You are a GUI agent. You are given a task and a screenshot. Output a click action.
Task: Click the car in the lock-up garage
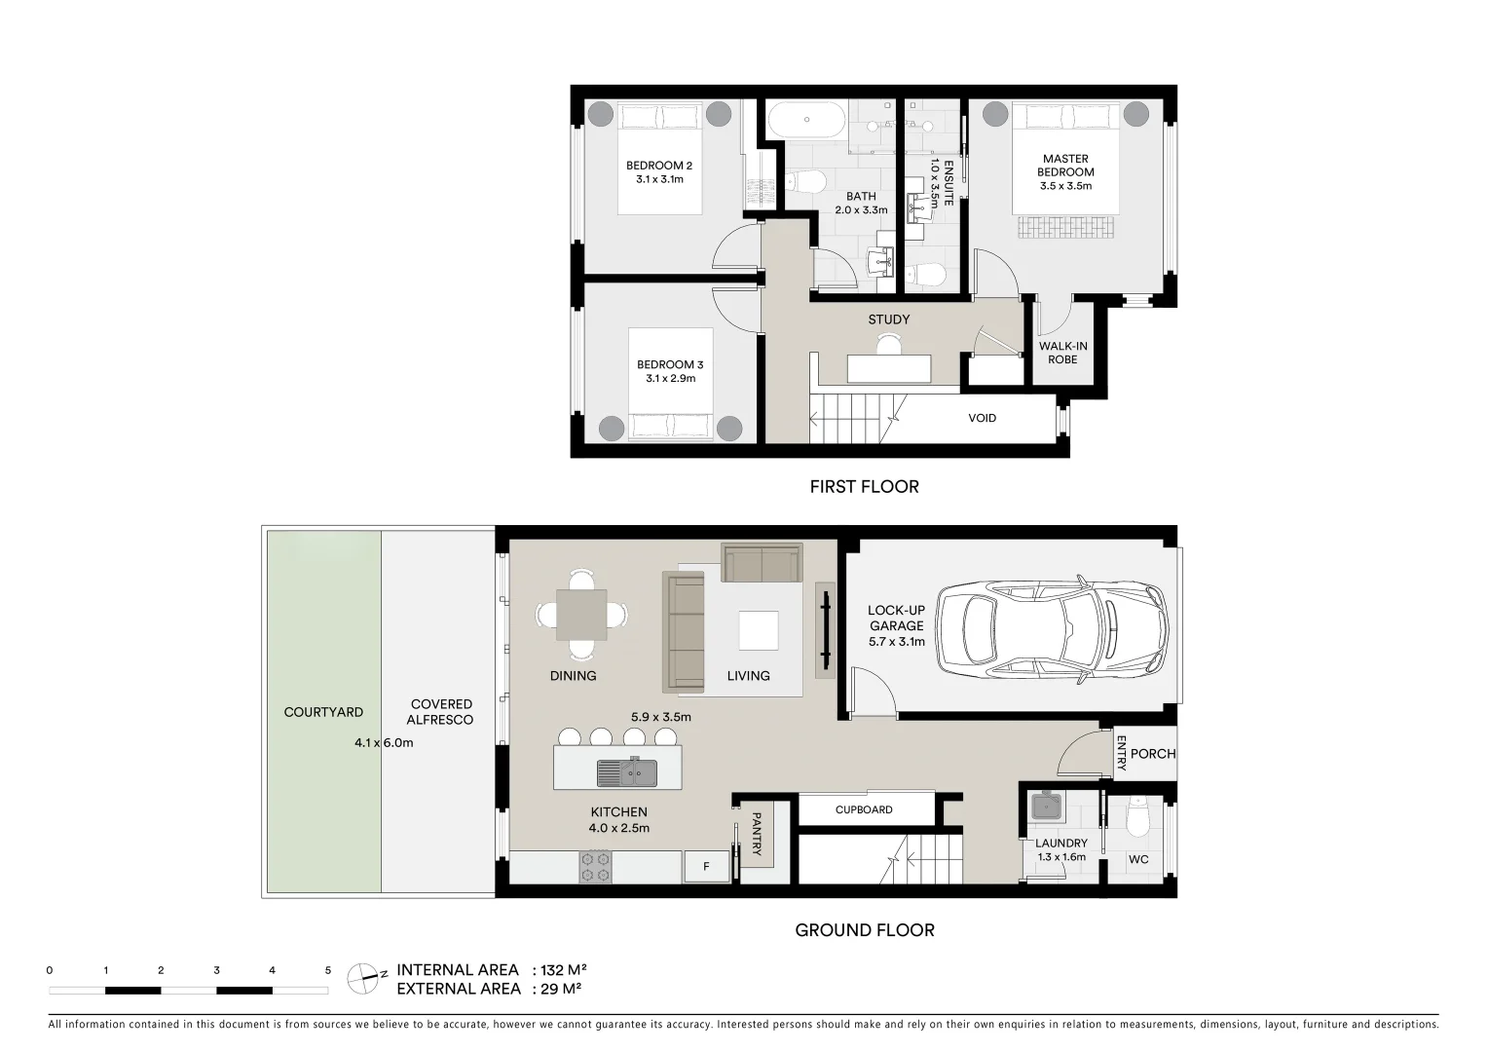click(1053, 629)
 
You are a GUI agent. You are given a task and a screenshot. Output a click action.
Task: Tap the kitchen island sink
click(627, 771)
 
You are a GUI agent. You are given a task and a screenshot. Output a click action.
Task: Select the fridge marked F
click(706, 867)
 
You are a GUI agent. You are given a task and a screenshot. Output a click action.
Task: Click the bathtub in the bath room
click(807, 120)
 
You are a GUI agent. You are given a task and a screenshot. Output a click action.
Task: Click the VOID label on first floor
click(982, 418)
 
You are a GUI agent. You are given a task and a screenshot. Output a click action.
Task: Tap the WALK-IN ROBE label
click(1062, 353)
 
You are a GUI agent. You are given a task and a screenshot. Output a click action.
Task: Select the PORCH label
click(1153, 754)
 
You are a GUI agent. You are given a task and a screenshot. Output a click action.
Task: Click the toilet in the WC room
click(1138, 818)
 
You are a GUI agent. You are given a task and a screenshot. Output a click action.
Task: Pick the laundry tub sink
click(1047, 807)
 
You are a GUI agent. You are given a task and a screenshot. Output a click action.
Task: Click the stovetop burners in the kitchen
click(595, 867)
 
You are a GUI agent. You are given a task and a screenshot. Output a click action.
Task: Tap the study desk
click(889, 369)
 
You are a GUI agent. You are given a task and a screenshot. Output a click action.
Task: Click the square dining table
click(581, 615)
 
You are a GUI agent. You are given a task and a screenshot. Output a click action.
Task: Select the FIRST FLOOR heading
click(864, 487)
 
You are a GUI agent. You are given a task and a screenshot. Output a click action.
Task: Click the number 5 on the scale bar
click(327, 970)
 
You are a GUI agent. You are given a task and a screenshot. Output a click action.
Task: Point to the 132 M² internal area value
click(564, 970)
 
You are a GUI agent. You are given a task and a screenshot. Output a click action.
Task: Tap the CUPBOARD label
click(864, 809)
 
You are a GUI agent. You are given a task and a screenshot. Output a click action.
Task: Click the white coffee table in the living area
click(759, 630)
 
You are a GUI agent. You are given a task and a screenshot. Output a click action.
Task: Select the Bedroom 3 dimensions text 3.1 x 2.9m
click(670, 379)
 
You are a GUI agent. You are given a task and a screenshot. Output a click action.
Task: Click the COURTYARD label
click(323, 712)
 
